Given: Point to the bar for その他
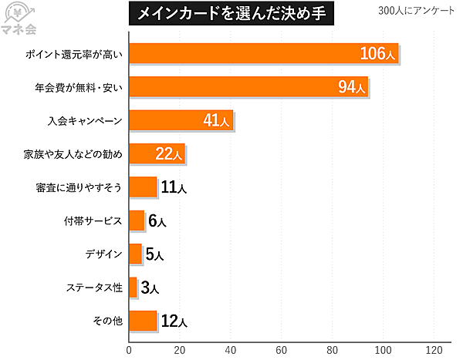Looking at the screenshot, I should [143, 321].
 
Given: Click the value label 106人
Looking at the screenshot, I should [378, 54].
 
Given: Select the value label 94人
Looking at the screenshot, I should [352, 88].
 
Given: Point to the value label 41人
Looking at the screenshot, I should [217, 121].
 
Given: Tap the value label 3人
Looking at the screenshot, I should [150, 288].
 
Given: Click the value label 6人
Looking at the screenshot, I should [157, 221].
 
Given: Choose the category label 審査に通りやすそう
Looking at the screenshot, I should [79, 187].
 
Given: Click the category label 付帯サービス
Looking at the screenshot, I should [93, 221].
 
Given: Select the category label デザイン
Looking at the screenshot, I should [103, 254].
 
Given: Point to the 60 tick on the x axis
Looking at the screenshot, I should [282, 348].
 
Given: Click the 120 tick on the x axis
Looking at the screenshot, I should [434, 348].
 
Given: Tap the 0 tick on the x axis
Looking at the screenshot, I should [129, 348].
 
